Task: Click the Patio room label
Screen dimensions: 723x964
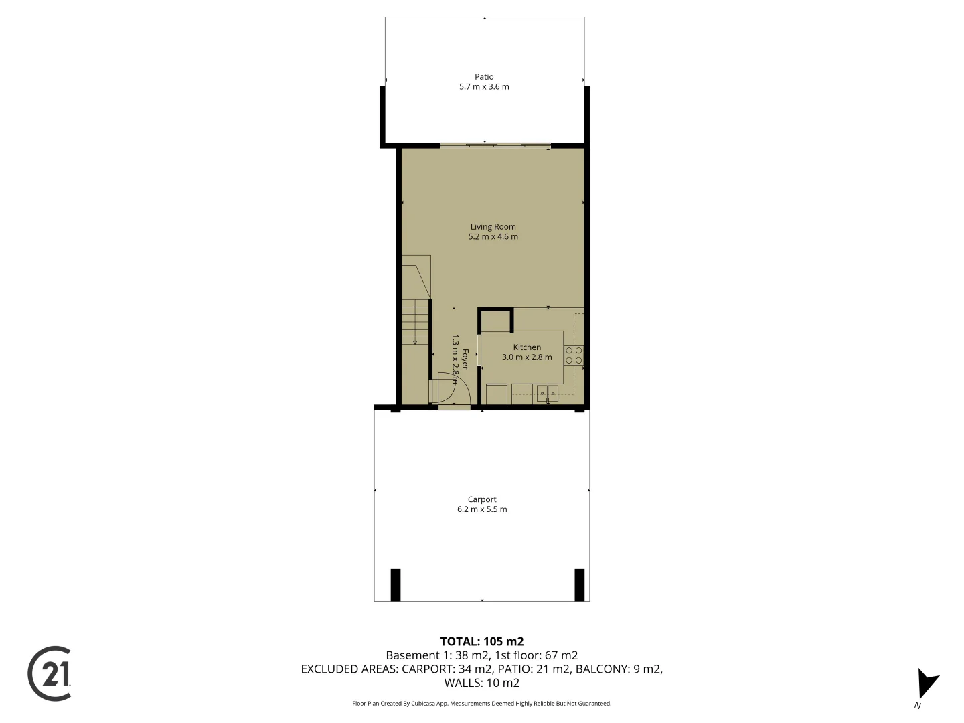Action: [484, 77]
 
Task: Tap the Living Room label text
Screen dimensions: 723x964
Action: [493, 227]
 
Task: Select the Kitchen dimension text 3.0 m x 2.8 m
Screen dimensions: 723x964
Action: [527, 357]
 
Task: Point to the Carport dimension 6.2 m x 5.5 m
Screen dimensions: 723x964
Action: [482, 509]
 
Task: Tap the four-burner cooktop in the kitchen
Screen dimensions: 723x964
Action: [574, 355]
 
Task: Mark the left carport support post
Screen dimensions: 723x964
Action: [396, 584]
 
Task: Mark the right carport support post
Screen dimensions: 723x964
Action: [579, 584]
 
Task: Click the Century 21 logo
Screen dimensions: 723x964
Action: [50, 673]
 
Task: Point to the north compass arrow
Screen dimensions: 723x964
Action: [927, 684]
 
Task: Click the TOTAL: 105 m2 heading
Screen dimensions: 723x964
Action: [482, 641]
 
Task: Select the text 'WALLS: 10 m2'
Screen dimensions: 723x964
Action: [482, 683]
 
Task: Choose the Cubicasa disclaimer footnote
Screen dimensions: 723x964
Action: [482, 704]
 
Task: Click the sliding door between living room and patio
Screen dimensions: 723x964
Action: [495, 145]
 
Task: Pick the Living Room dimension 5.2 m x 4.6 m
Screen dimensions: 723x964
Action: [493, 236]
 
